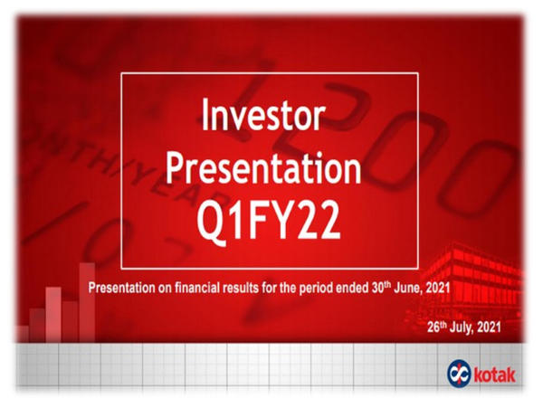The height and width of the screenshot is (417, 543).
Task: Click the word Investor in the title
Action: pyautogui.click(x=262, y=115)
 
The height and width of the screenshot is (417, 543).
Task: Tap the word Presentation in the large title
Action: pyautogui.click(x=263, y=168)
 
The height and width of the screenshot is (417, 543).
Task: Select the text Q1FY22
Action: pyautogui.click(x=269, y=221)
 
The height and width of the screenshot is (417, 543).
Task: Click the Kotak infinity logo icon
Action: pyautogui.click(x=459, y=374)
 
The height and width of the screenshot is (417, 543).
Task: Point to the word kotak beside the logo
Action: pyautogui.click(x=494, y=375)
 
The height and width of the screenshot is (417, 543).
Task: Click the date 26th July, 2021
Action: pyautogui.click(x=463, y=327)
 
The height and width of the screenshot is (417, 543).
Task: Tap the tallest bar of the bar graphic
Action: pyautogui.click(x=87, y=302)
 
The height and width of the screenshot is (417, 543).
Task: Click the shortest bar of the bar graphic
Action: pyautogui.click(x=22, y=334)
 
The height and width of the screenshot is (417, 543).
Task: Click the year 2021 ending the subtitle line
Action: pyautogui.click(x=438, y=288)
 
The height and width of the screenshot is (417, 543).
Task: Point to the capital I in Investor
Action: pyautogui.click(x=205, y=115)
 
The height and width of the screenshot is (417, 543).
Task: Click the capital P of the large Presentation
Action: pyautogui.click(x=174, y=168)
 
